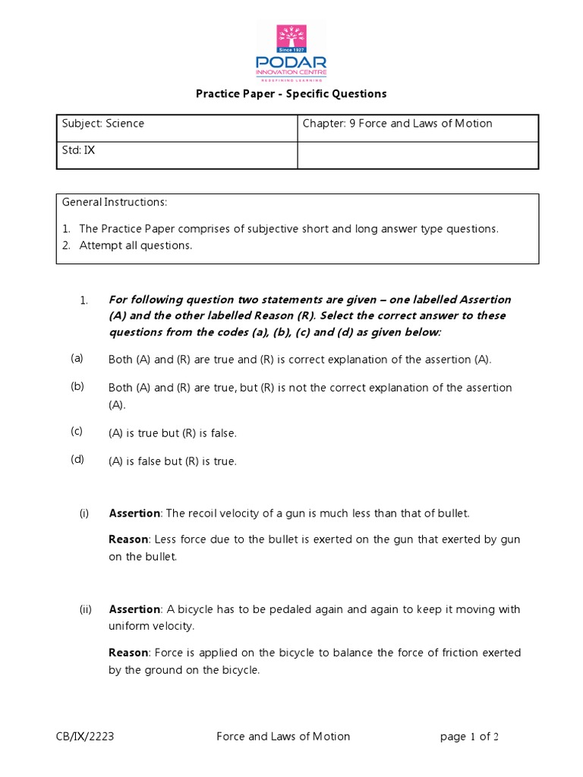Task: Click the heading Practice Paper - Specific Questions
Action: pyautogui.click(x=291, y=94)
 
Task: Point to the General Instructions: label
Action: pyautogui.click(x=114, y=203)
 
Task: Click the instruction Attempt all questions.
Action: pyautogui.click(x=136, y=245)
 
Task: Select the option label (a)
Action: pyautogui.click(x=77, y=357)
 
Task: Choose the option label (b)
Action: pyautogui.click(x=77, y=386)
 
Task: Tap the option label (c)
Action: pyautogui.click(x=77, y=431)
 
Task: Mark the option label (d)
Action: pyautogui.click(x=77, y=459)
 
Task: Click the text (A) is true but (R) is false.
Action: pyautogui.click(x=173, y=433)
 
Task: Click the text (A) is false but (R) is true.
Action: pyautogui.click(x=173, y=461)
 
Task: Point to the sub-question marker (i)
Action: pyautogui.click(x=84, y=514)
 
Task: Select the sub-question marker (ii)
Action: pyautogui.click(x=86, y=609)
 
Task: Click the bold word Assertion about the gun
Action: pyautogui.click(x=134, y=514)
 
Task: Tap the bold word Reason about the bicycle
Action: pyautogui.click(x=129, y=653)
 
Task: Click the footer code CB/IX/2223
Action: pyautogui.click(x=85, y=736)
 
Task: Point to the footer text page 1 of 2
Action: pyautogui.click(x=469, y=736)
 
